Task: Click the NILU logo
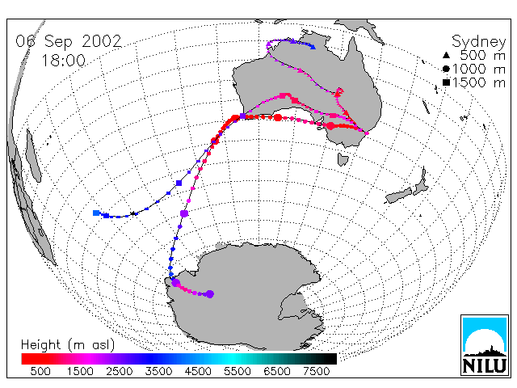485,345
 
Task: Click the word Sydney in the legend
478,42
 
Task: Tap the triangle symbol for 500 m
446,56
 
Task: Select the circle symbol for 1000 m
446,69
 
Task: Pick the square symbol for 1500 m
446,82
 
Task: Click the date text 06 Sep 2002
69,41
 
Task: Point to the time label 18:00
63,61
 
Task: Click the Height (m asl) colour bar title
68,345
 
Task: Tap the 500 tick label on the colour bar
40,371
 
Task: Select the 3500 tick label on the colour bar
158,371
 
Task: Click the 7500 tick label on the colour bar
316,371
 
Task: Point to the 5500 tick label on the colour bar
237,371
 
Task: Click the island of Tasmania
343,159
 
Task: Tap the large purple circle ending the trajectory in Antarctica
210,294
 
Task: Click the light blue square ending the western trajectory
96,213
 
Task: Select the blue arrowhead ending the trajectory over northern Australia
313,47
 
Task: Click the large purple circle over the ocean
184,213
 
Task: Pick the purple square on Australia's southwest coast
242,116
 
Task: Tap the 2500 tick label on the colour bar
119,371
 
